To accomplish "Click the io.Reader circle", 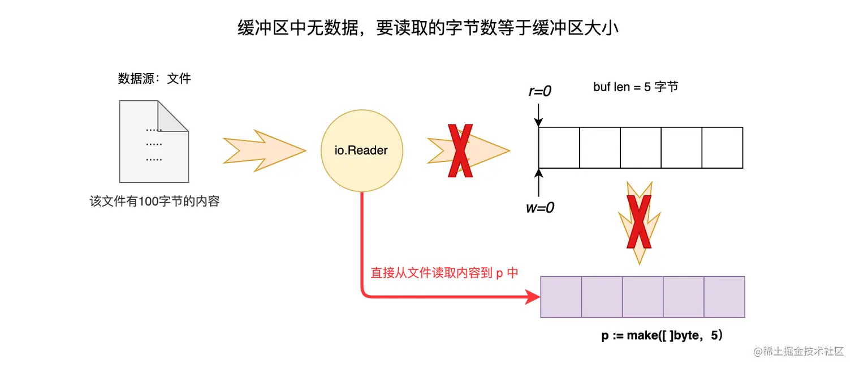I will (x=362, y=151).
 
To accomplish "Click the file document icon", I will (x=153, y=142).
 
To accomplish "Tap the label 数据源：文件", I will (x=154, y=79).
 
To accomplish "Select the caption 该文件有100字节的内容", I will (x=154, y=201).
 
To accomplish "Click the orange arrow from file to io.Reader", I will (x=264, y=151).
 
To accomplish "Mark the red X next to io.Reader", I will (x=459, y=151).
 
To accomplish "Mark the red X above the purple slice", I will (x=639, y=222).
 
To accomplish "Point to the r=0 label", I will (x=539, y=91).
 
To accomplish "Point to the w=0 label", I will (x=539, y=208).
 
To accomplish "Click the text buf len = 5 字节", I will (x=635, y=87).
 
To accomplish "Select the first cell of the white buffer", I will (x=559, y=148).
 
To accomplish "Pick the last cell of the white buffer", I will (x=722, y=148).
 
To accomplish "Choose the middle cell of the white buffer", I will (x=641, y=148).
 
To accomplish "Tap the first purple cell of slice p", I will (x=561, y=297).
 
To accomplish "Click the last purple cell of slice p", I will (x=724, y=297).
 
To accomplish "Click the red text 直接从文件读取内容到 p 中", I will (x=444, y=273).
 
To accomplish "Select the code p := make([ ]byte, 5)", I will (x=662, y=336).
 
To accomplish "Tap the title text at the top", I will (x=427, y=28).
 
